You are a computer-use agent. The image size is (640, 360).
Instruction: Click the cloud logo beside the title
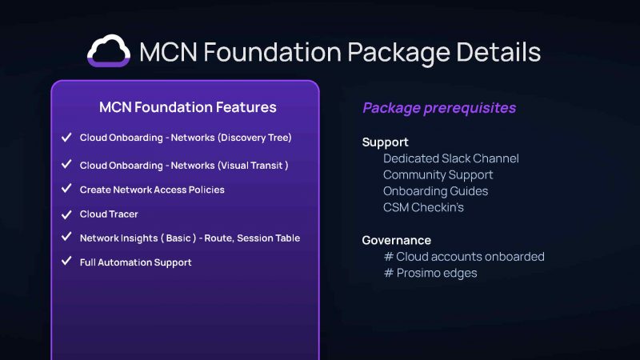109,50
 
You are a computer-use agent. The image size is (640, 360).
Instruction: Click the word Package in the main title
398,53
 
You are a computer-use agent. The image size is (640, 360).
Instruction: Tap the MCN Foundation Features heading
188,107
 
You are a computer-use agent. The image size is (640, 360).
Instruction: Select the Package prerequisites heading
439,108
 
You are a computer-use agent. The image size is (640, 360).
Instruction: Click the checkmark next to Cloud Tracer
66,214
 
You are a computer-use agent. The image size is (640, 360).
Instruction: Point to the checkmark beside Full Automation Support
66,261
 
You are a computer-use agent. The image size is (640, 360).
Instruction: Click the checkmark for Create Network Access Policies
66,189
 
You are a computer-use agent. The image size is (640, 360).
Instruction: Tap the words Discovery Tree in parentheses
254,138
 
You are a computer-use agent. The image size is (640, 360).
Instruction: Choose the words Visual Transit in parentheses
253,166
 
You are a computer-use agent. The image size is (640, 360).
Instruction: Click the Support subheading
386,142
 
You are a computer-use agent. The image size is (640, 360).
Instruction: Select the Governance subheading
396,240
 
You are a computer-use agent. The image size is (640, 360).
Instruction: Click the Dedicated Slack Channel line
451,158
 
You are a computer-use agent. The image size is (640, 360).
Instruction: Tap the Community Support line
438,175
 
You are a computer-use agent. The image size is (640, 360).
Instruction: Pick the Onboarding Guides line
435,191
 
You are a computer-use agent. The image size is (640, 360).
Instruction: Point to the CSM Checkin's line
423,207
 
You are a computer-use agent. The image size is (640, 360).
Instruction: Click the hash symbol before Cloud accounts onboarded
389,256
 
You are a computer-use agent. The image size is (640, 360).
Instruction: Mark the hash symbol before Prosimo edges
389,273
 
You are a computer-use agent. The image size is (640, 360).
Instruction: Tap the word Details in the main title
498,52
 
